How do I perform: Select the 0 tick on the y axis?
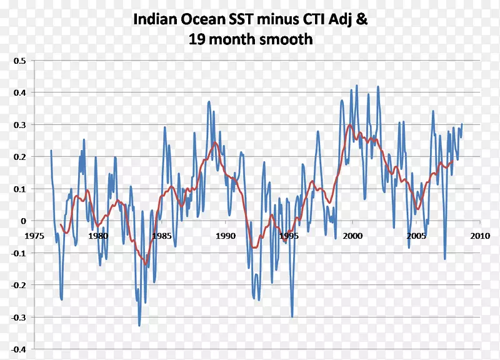[x=24, y=221]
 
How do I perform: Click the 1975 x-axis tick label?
[x=34, y=236]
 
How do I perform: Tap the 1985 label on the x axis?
[x=161, y=236]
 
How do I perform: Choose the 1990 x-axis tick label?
[x=225, y=236]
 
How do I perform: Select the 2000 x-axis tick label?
[x=352, y=236]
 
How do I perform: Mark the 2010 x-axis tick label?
[x=479, y=236]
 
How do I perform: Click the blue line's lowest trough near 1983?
[x=139, y=325]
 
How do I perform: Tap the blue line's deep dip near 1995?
[x=292, y=317]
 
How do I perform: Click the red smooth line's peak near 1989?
[x=214, y=143]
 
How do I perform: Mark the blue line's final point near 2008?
[x=462, y=124]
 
